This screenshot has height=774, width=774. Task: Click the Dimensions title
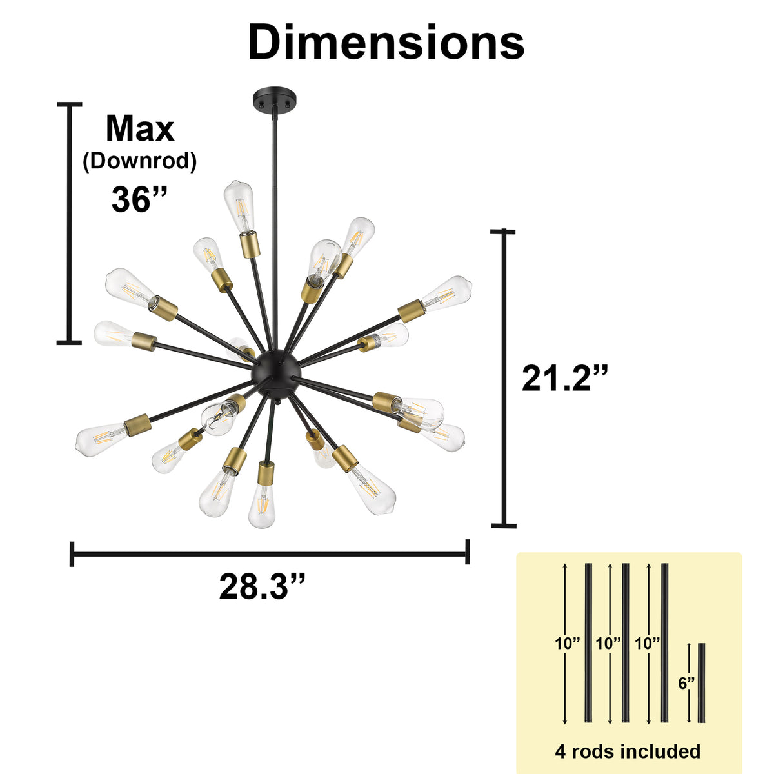pos(386,41)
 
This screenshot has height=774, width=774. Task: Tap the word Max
pos(140,128)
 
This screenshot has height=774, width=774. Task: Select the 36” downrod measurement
pos(139,199)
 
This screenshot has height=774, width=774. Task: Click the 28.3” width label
pos(263,586)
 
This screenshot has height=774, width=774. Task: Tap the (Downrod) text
pos(140,161)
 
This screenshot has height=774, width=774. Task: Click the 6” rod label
pos(686,682)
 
